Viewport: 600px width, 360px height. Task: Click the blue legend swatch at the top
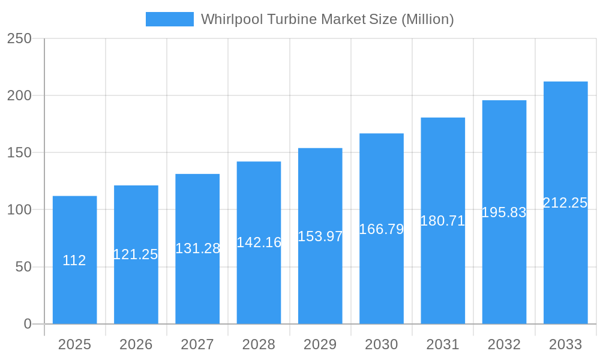(169, 19)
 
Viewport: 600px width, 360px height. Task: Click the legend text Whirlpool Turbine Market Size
(327, 19)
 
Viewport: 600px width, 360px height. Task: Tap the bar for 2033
(565, 252)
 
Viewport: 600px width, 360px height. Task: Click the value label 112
(74, 260)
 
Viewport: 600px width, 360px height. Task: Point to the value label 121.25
(136, 254)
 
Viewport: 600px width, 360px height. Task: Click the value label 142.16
(259, 242)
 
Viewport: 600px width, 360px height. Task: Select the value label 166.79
(381, 229)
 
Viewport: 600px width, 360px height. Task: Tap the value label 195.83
(504, 212)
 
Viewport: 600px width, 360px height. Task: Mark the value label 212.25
(565, 203)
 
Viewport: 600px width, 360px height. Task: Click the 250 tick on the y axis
(19, 38)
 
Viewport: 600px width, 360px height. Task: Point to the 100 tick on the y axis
(19, 210)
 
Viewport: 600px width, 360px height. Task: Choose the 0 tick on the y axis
(28, 324)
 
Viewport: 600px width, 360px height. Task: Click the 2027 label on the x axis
(197, 344)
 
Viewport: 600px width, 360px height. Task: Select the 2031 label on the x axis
(443, 344)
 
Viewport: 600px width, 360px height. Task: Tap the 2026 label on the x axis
(136, 344)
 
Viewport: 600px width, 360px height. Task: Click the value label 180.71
(443, 221)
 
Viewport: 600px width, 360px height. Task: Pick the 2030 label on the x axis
(381, 344)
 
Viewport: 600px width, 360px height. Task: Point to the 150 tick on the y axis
(19, 153)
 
